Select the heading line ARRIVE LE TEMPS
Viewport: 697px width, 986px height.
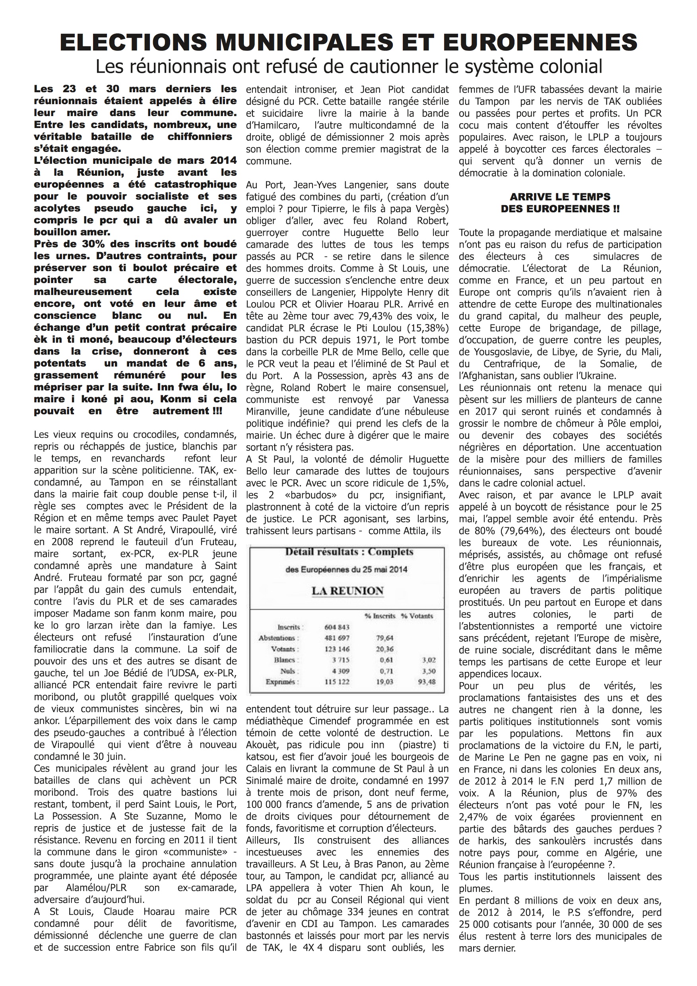click(560, 197)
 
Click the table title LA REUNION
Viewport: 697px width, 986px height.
click(348, 591)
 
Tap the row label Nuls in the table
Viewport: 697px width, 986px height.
click(287, 671)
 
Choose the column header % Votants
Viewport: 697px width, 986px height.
click(417, 616)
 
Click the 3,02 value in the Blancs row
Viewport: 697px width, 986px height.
click(427, 660)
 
